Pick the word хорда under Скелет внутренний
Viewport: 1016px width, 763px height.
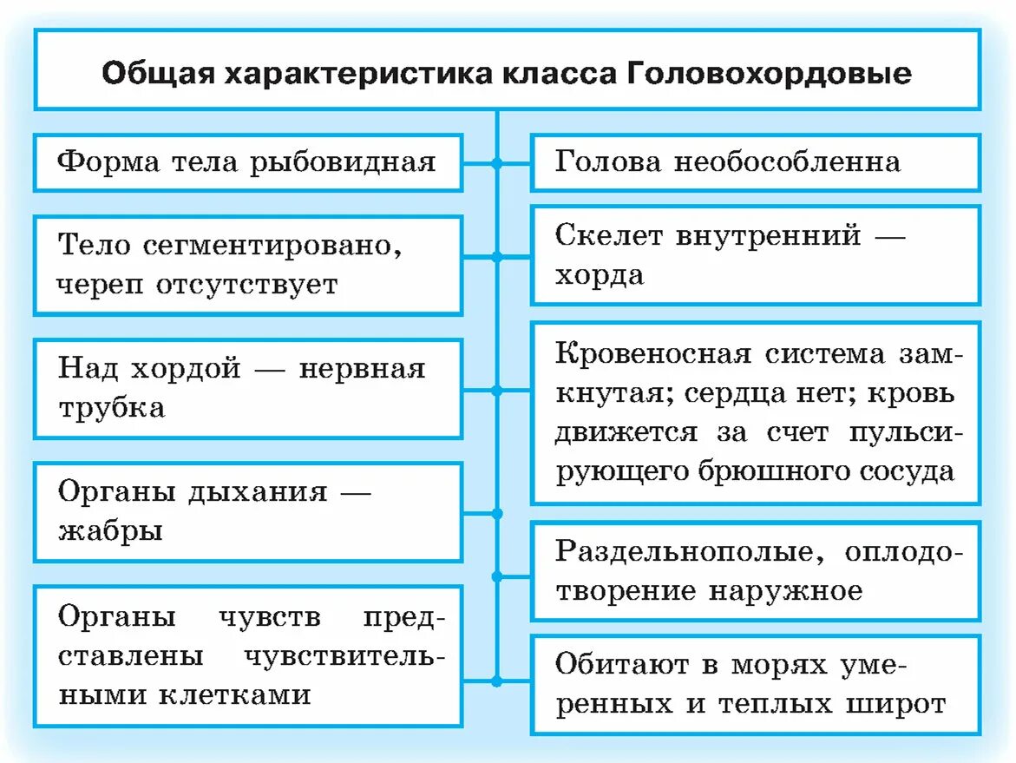[600, 276]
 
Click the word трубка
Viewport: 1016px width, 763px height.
[111, 408]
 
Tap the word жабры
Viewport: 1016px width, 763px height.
[110, 531]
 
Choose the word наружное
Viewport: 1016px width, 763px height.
[786, 591]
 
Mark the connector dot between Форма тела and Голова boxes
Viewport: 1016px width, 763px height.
[496, 162]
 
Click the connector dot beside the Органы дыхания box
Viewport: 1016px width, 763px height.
[496, 513]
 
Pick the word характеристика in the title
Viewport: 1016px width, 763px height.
[357, 72]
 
